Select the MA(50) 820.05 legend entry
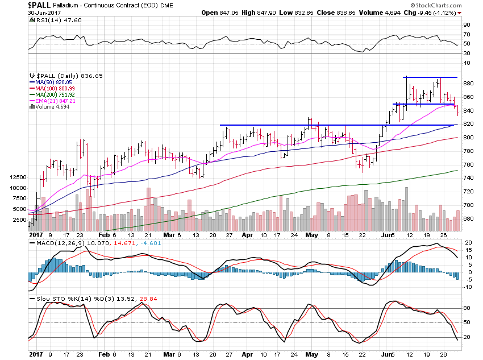point(51,82)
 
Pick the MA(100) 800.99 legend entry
point(53,88)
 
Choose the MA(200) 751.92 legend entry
point(53,94)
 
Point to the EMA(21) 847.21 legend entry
point(54,101)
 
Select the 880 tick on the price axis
point(468,84)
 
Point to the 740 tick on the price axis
point(468,178)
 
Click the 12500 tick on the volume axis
point(18,177)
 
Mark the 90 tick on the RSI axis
point(466,26)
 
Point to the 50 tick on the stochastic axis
point(466,322)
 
